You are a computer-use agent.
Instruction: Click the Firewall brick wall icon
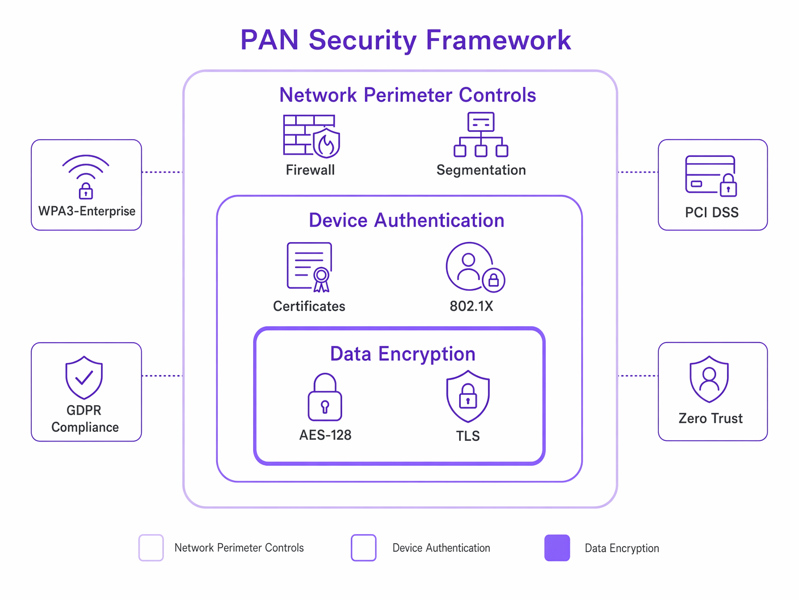coord(311,136)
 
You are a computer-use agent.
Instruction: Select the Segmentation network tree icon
coord(481,135)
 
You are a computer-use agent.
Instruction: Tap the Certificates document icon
coord(309,267)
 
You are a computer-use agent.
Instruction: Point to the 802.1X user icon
coord(474,267)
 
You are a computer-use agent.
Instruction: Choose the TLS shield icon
coord(468,397)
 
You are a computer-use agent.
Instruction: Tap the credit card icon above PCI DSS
coord(711,176)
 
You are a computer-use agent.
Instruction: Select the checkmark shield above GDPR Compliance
coord(84,377)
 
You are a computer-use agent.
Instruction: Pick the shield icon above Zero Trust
coord(709,379)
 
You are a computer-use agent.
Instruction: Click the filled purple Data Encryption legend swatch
coord(557,548)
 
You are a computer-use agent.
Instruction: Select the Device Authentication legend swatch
coord(364,548)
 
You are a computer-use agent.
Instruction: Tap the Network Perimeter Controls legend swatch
coord(151,548)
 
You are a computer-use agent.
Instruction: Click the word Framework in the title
coord(498,40)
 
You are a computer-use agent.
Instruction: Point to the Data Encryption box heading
coord(402,354)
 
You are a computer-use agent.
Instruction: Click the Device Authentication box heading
coord(406,220)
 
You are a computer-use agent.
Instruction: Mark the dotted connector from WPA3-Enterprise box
coord(162,172)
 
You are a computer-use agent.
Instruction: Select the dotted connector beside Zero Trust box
coord(638,376)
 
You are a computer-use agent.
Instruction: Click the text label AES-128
coord(325,435)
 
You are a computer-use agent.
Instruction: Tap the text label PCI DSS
coord(712,213)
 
